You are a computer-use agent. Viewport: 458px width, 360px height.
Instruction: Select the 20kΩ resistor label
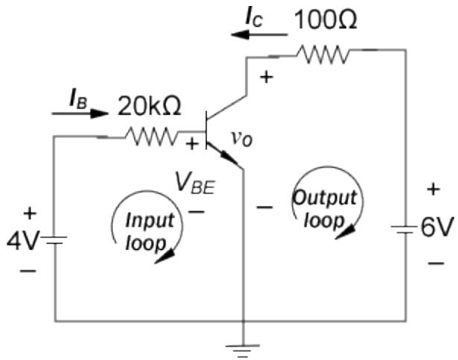point(149,107)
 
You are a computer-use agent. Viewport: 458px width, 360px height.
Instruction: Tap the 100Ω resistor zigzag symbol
point(321,54)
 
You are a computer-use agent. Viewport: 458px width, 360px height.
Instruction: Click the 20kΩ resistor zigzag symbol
point(151,136)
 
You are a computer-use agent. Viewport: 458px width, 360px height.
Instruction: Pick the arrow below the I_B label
point(80,114)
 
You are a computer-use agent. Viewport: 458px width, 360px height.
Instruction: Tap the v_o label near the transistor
point(240,139)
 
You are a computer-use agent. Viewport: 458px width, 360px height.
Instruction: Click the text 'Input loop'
point(148,231)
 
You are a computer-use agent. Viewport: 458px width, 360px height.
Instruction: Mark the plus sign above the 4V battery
point(30,214)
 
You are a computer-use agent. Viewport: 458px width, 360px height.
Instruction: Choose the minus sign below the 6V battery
point(436,263)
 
